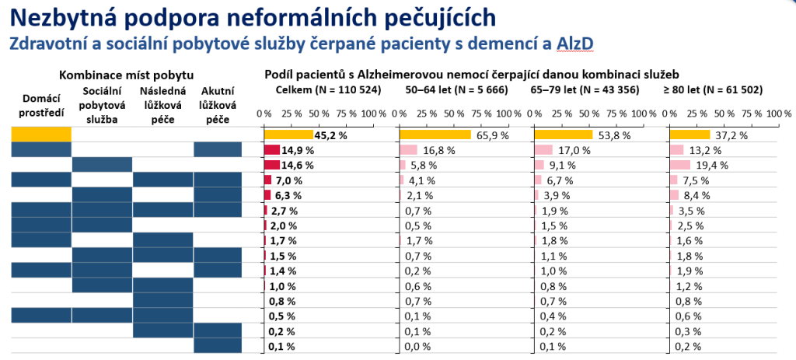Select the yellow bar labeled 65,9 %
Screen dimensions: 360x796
[x=435, y=135]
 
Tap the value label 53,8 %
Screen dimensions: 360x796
[x=615, y=135]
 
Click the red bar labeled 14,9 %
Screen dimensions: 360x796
[x=272, y=150]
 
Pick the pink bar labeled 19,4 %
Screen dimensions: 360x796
[x=680, y=165]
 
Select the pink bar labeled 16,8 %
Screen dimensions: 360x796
[x=408, y=150]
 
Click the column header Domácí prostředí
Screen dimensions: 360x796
[x=40, y=107]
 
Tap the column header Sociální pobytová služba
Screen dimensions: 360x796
[x=102, y=107]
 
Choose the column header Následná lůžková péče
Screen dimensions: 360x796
[x=162, y=107]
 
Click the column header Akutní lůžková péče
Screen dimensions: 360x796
[x=222, y=107]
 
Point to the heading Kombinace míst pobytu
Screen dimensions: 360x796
[x=127, y=75]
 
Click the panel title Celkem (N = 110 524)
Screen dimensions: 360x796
[x=329, y=90]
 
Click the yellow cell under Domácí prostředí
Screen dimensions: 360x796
[x=40, y=135]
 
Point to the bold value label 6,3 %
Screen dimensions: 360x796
[x=288, y=194]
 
